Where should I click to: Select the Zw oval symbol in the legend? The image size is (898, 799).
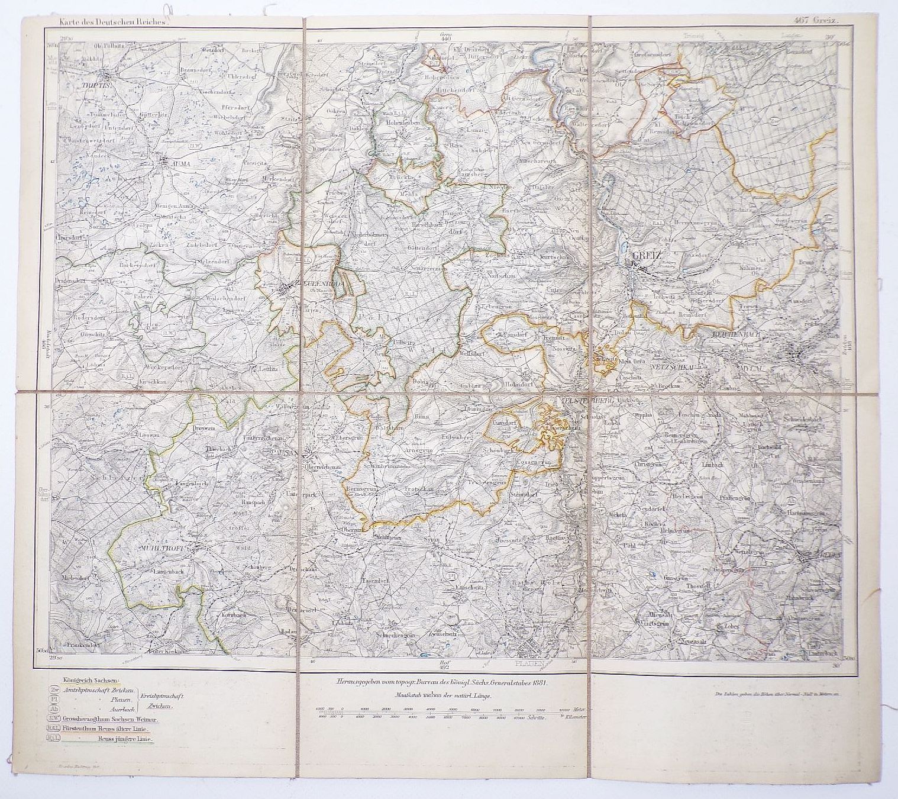pyautogui.click(x=54, y=691)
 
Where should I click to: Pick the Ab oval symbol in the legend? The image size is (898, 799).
pyautogui.click(x=54, y=708)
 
